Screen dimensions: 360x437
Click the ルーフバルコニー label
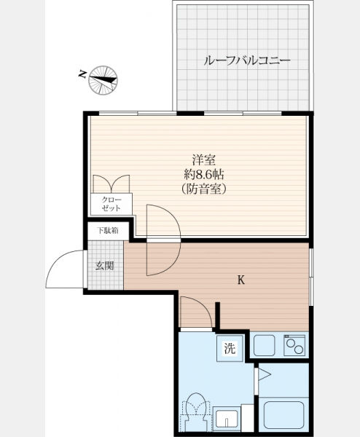[x=247, y=60]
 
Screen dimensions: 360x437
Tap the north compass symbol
[x=103, y=80]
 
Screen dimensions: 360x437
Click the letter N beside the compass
[x=82, y=74]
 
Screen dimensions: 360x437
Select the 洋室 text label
[x=204, y=160]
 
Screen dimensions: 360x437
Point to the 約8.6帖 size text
[x=204, y=175]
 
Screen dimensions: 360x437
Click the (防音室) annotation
[x=204, y=189]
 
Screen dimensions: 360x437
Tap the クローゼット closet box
[x=111, y=204]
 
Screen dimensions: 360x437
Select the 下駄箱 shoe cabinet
[x=108, y=230]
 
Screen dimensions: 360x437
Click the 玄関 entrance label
[x=105, y=266]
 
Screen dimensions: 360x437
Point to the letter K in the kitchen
[x=241, y=280]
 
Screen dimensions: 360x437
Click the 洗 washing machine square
[x=230, y=348]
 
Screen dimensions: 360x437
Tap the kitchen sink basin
[x=265, y=345]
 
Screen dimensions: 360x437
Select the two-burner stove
[x=294, y=345]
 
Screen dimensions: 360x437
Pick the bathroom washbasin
[x=226, y=419]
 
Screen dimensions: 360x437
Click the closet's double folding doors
[x=111, y=184]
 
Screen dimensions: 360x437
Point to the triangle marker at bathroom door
[x=265, y=374]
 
